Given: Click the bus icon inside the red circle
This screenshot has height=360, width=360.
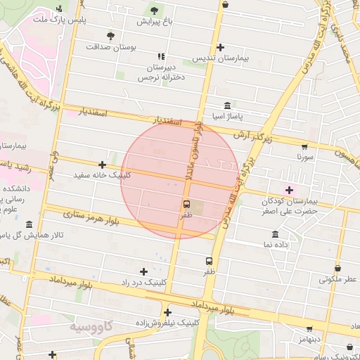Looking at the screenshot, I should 186,205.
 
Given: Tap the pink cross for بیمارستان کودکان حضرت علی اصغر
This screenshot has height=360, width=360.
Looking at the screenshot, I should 288,189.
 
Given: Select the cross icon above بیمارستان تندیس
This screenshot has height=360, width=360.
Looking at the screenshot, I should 221,47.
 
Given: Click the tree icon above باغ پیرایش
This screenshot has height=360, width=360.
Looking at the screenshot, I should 154,10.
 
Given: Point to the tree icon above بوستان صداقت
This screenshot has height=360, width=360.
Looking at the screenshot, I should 110,35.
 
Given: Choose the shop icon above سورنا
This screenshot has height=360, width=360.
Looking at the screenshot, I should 304,146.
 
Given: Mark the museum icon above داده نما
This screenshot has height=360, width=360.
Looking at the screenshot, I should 274,233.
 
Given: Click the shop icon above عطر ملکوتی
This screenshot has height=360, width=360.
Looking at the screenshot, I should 338,268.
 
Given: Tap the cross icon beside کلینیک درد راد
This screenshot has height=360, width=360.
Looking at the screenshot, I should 144,271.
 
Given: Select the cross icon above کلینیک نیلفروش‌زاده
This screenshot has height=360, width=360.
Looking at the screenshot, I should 167,312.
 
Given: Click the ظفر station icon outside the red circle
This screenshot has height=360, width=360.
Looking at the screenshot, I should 209,260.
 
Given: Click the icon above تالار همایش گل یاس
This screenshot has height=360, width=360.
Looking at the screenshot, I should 28,224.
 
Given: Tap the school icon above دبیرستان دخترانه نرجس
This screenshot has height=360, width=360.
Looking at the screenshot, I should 162,56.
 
